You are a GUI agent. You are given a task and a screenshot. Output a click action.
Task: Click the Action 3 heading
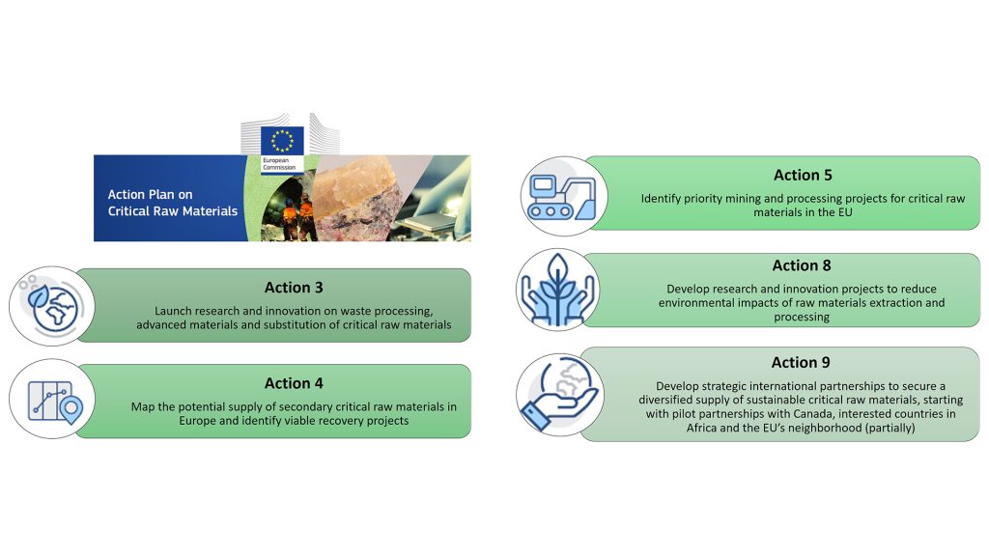[294, 288]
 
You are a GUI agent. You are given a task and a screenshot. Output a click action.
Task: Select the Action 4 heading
[294, 383]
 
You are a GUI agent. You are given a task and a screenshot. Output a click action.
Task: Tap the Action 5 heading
[803, 175]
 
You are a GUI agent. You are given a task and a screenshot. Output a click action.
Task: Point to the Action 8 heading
[802, 265]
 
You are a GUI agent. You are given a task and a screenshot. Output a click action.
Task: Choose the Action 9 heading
[801, 363]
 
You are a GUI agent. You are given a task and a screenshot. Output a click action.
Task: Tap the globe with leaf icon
[52, 306]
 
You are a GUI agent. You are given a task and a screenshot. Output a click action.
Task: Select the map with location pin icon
[55, 402]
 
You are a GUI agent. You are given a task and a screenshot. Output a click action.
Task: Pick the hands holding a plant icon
[557, 290]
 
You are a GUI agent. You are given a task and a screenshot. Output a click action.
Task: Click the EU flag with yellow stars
[282, 140]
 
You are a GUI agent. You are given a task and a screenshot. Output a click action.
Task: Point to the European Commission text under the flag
[279, 164]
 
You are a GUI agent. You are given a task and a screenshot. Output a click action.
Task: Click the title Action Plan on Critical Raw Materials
[172, 203]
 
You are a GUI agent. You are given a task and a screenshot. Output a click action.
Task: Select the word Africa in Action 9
[703, 428]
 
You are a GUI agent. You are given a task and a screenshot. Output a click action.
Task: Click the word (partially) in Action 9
[890, 428]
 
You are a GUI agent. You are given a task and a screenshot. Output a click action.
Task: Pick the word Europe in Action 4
[197, 421]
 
